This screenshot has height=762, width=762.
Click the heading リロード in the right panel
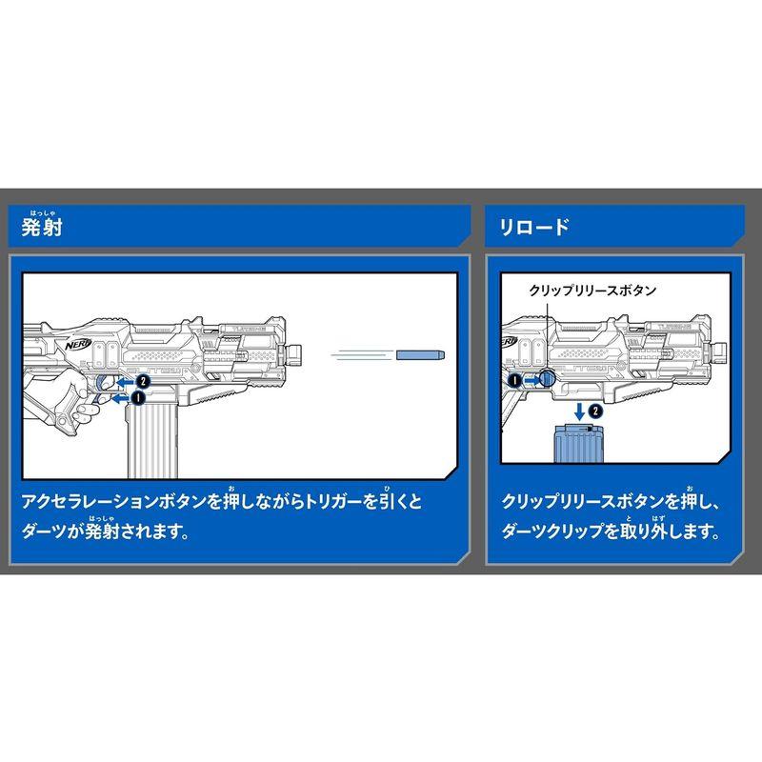coord(534,229)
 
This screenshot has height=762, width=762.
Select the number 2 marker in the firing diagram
coord(140,378)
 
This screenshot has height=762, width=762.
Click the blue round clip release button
coord(547,379)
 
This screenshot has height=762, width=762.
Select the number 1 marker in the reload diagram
coord(515,380)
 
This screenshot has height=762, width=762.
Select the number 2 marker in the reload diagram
coord(595,411)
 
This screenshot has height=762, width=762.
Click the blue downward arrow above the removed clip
coord(578,411)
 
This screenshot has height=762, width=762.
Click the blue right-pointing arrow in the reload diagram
coord(531,380)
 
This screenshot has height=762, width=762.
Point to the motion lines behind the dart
coord(362,355)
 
